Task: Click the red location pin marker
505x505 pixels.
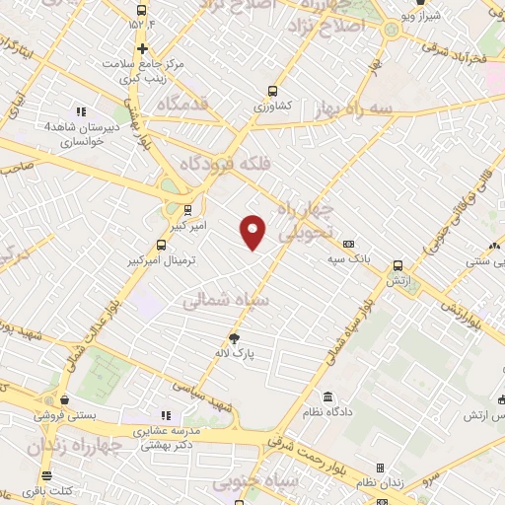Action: [x=253, y=231]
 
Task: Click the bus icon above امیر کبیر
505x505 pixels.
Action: [x=188, y=208]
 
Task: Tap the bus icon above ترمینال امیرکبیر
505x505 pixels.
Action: [x=162, y=246]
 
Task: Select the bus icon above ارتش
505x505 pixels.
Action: [x=397, y=265]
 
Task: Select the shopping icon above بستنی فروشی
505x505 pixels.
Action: [x=64, y=399]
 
